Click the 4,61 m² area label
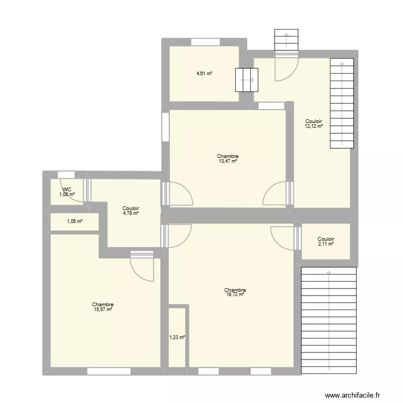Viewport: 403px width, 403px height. click(204, 74)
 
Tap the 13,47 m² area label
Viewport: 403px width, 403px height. click(228, 161)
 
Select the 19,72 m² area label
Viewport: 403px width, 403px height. click(235, 294)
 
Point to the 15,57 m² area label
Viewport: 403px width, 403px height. click(102, 309)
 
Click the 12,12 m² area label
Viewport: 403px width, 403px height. click(314, 127)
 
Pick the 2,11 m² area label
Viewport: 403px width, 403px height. click(326, 244)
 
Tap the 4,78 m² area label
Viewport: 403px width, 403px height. click(131, 213)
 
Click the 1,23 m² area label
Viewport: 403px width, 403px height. click(177, 337)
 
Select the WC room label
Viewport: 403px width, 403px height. click(67, 190)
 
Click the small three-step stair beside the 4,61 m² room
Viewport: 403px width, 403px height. click(247, 80)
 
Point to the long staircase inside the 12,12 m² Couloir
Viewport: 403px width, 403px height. click(342, 104)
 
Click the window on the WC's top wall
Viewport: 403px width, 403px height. click(66, 174)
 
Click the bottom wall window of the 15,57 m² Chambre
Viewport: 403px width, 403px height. click(109, 371)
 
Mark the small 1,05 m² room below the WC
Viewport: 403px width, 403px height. click(74, 221)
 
